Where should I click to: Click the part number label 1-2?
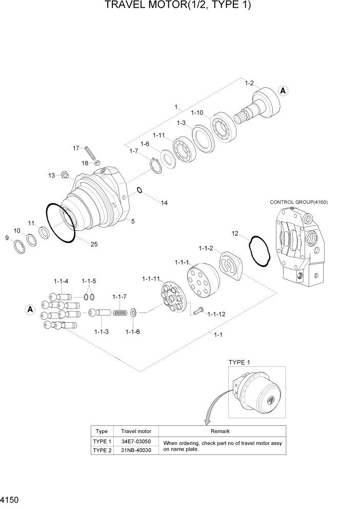[x=250, y=83]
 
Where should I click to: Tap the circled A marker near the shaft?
[x=283, y=91]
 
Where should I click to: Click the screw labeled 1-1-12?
[x=199, y=310]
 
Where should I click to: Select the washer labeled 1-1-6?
[x=133, y=312]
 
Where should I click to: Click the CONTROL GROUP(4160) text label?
[x=298, y=202]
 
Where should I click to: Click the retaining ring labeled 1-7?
[x=154, y=164]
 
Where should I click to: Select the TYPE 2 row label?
[x=102, y=450]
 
